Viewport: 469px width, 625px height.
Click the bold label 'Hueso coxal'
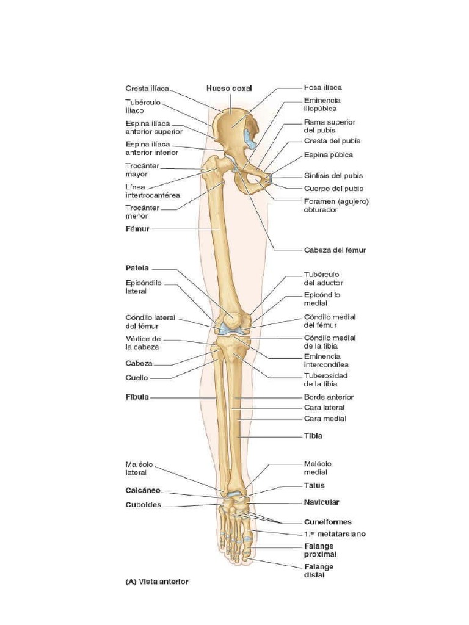tap(229, 89)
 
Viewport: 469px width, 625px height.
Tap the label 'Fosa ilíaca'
tap(322, 88)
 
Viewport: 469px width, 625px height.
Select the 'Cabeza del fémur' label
tap(335, 250)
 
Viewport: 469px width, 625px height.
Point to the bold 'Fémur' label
tap(137, 229)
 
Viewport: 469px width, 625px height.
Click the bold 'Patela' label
tap(137, 268)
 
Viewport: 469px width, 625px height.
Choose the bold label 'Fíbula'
tap(137, 397)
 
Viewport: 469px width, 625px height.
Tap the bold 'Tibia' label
tap(313, 436)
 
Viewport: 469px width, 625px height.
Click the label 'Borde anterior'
tap(329, 397)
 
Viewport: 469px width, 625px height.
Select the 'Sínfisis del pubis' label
tap(333, 175)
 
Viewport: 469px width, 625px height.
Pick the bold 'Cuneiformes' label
tap(328, 522)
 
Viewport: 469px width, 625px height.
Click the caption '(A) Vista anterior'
tap(157, 582)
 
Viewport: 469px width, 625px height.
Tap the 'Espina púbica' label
tap(328, 154)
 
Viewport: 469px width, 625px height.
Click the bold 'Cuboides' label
tap(143, 505)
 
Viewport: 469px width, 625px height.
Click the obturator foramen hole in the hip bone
tap(255, 181)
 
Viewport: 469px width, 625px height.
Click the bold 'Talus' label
tap(314, 485)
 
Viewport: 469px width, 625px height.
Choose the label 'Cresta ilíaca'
tap(147, 88)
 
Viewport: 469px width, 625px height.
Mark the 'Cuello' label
tap(136, 377)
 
